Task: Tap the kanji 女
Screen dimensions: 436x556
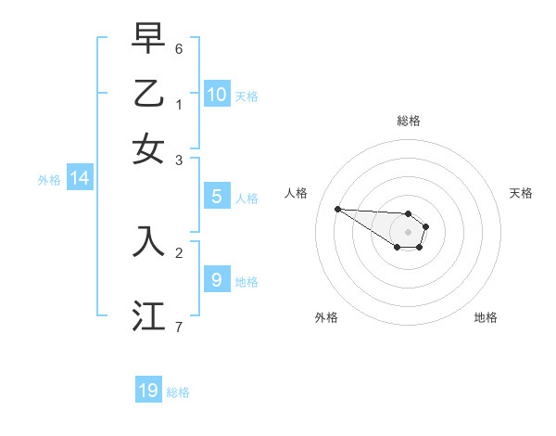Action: coord(148,148)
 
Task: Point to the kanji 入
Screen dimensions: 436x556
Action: coord(148,240)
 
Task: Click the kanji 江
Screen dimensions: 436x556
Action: coord(148,314)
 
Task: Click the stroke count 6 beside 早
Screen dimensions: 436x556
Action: coord(179,47)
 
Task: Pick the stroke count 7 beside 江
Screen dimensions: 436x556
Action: coord(179,326)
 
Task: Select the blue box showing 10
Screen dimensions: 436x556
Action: coord(217,94)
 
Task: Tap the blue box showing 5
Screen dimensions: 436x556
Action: coord(216,196)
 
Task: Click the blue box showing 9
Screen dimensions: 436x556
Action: coord(216,278)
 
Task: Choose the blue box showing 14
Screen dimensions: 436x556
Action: coord(80,178)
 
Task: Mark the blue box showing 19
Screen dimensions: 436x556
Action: coord(148,391)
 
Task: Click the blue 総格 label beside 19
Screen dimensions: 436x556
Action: coord(179,393)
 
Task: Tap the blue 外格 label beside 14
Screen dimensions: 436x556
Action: coord(49,181)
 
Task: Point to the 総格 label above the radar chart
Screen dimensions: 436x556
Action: coord(408,121)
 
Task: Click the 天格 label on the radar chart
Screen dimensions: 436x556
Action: coord(521,193)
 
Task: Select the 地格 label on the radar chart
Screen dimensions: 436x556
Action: coord(486,317)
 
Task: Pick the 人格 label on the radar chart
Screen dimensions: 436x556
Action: coord(296,193)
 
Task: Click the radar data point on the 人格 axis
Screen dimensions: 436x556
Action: coord(337,209)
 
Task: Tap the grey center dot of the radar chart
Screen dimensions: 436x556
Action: coord(408,232)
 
